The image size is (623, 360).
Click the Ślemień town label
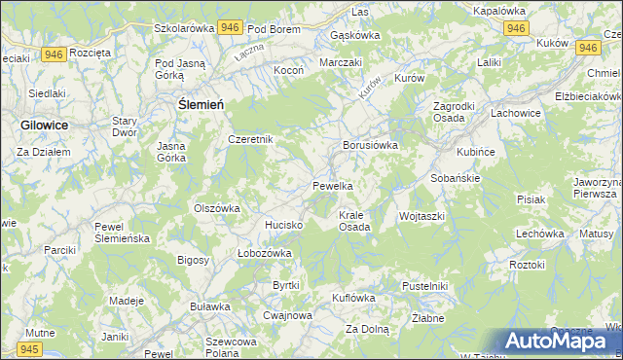tap(202, 104)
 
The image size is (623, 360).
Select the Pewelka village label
tap(332, 185)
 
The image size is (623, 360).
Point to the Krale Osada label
tap(353, 220)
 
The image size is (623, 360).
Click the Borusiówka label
tap(369, 145)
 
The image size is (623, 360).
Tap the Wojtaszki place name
tap(421, 215)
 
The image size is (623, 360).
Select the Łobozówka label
tap(265, 253)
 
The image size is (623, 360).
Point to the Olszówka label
tap(217, 207)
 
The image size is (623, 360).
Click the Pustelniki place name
tap(424, 286)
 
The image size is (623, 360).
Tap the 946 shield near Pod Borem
tap(230, 28)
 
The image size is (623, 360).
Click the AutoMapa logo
tap(560, 341)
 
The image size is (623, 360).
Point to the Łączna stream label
tap(249, 51)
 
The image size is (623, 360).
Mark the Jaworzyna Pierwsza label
tap(597, 187)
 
